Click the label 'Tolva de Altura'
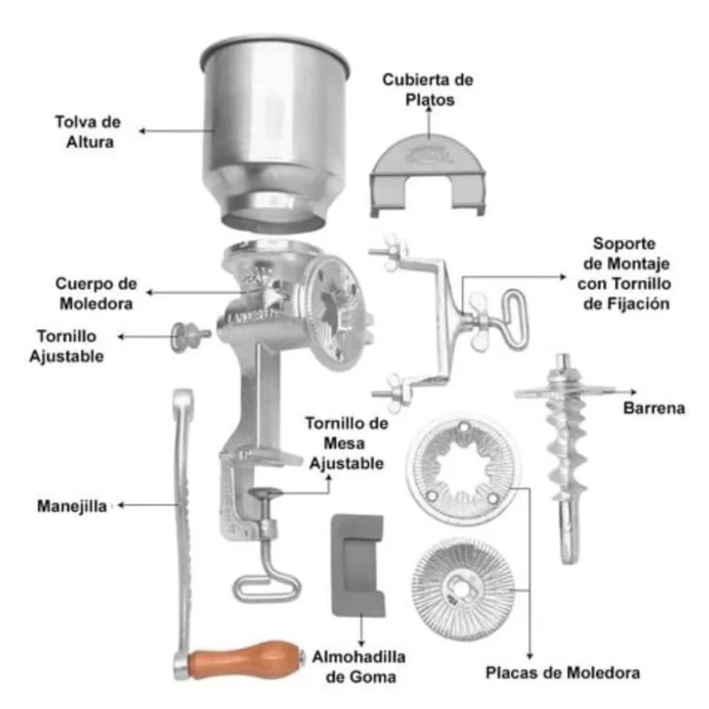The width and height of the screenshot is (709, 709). point(87,132)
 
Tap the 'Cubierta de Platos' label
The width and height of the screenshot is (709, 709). point(428,89)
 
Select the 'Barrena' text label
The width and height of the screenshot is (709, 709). point(654,408)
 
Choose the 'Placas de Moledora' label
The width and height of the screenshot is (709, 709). point(562,672)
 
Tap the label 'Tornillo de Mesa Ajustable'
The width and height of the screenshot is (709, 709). point(347,443)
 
